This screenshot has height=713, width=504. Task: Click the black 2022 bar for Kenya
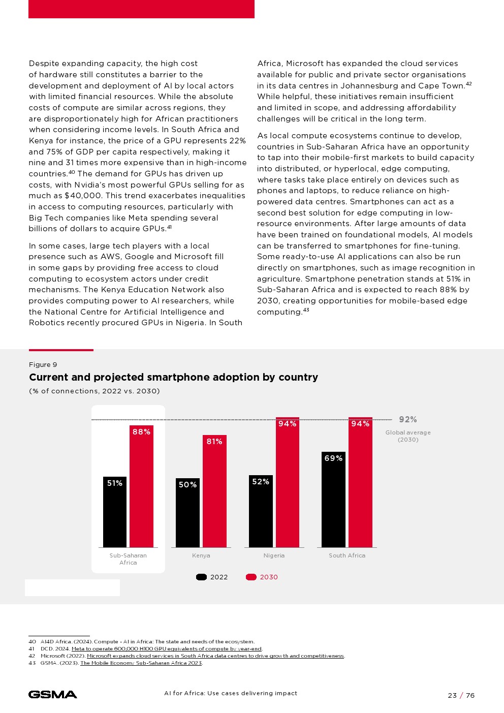(187, 513)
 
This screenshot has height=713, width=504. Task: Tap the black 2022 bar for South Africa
(333, 501)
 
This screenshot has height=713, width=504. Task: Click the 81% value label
(214, 442)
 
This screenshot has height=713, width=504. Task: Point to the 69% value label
(333, 458)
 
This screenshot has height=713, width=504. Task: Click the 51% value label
(115, 483)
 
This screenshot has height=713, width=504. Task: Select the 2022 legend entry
(212, 577)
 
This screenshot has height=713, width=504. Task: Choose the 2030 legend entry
(262, 577)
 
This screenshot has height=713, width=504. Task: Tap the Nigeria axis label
(274, 555)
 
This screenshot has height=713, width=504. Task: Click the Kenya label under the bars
(201, 555)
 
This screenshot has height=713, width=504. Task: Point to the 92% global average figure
(408, 420)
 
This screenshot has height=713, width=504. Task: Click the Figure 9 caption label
(43, 365)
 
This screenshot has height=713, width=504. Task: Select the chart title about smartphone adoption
(173, 377)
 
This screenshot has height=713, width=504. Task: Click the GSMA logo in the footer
(53, 695)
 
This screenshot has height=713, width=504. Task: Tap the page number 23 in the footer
(452, 696)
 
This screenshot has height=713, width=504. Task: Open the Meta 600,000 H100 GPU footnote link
(167, 649)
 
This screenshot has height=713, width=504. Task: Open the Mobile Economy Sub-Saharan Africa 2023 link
(141, 663)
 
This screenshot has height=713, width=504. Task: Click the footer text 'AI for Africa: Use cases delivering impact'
(231, 693)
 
